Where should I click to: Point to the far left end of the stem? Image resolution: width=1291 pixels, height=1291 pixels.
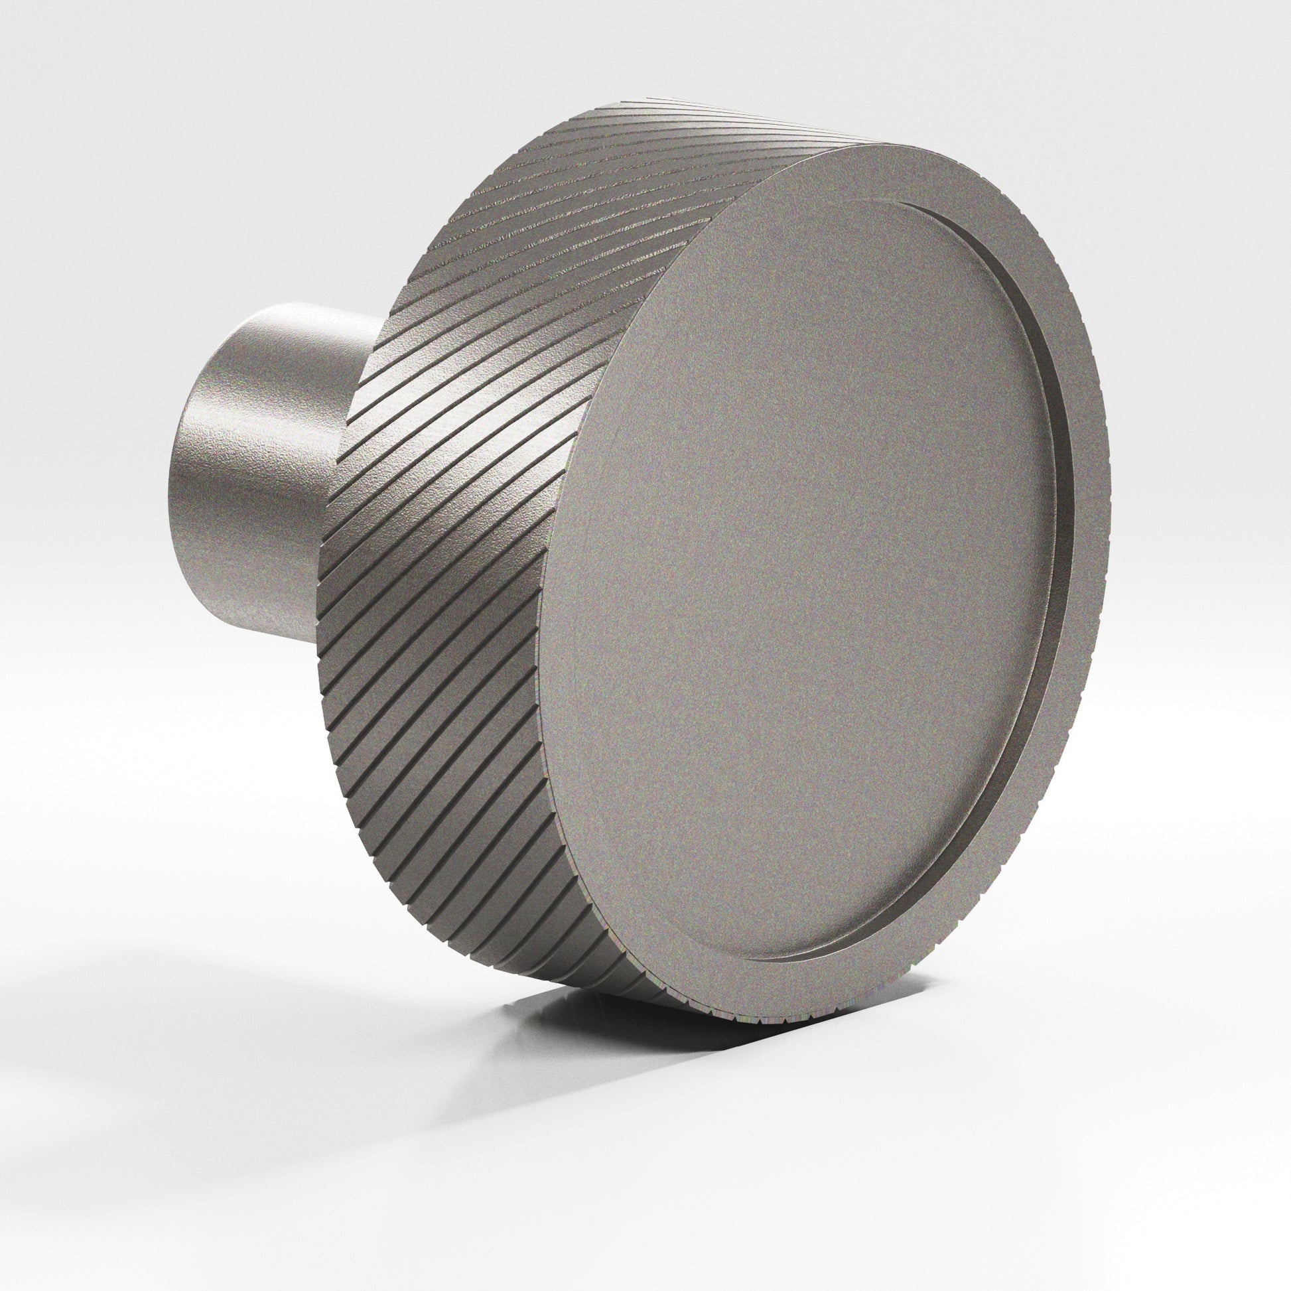point(175,481)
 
